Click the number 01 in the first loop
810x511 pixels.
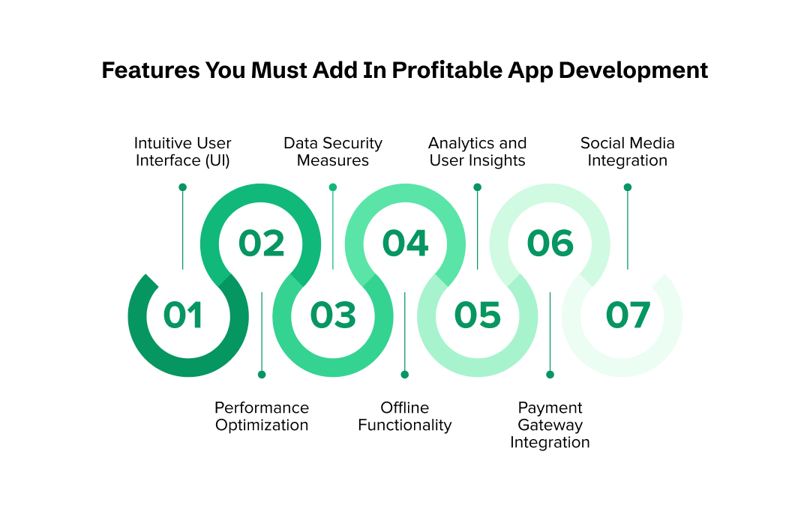click(183, 315)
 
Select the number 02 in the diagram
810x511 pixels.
click(261, 244)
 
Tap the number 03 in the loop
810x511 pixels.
click(333, 315)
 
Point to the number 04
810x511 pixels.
click(405, 244)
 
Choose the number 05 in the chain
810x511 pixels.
click(477, 315)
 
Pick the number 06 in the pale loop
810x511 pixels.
click(550, 244)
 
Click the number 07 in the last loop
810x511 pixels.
click(628, 315)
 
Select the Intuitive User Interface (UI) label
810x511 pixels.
click(183, 151)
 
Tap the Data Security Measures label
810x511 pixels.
click(333, 151)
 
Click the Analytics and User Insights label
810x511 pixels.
click(477, 151)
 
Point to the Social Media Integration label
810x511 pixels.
click(628, 151)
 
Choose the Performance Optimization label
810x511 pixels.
click(262, 416)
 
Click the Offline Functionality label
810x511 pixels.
click(405, 416)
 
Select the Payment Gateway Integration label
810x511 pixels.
click(550, 425)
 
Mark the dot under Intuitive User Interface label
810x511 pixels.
click(183, 187)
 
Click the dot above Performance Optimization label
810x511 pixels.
click(262, 374)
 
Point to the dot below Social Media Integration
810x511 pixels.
click(628, 187)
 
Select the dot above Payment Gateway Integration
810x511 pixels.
click(550, 374)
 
